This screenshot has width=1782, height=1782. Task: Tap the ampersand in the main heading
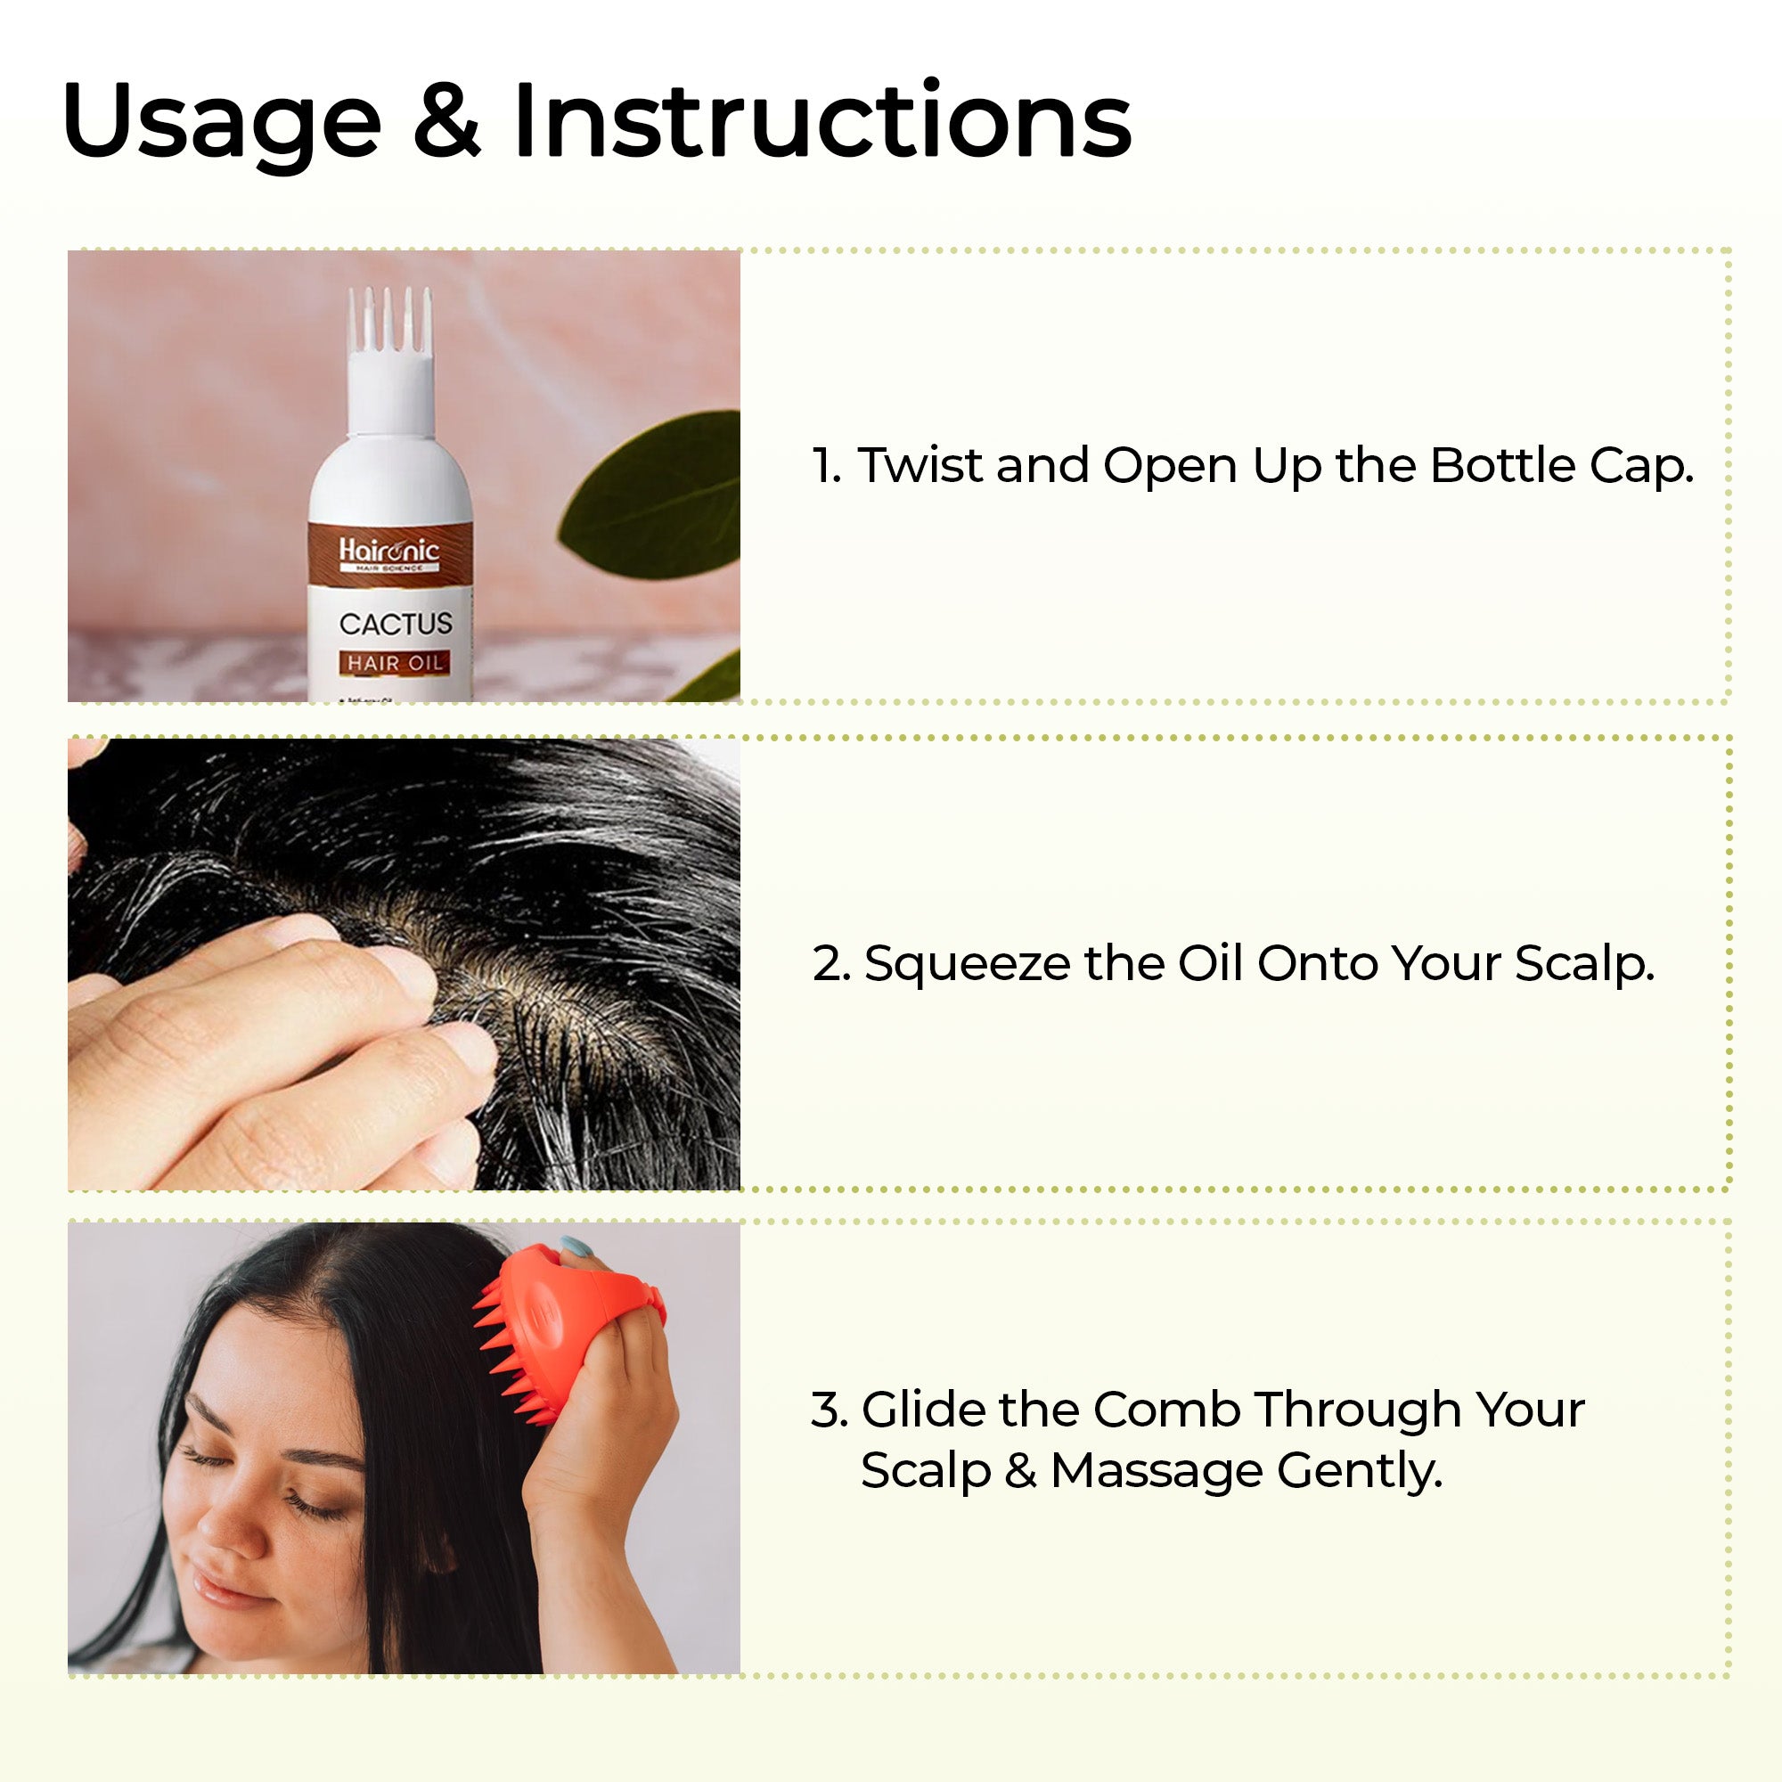click(446, 120)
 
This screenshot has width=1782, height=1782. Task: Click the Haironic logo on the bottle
click(389, 552)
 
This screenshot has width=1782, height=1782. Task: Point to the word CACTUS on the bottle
click(396, 625)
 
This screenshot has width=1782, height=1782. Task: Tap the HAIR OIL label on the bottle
click(395, 663)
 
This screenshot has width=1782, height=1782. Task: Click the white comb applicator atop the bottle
click(390, 360)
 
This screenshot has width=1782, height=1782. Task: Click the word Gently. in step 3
click(1360, 1472)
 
